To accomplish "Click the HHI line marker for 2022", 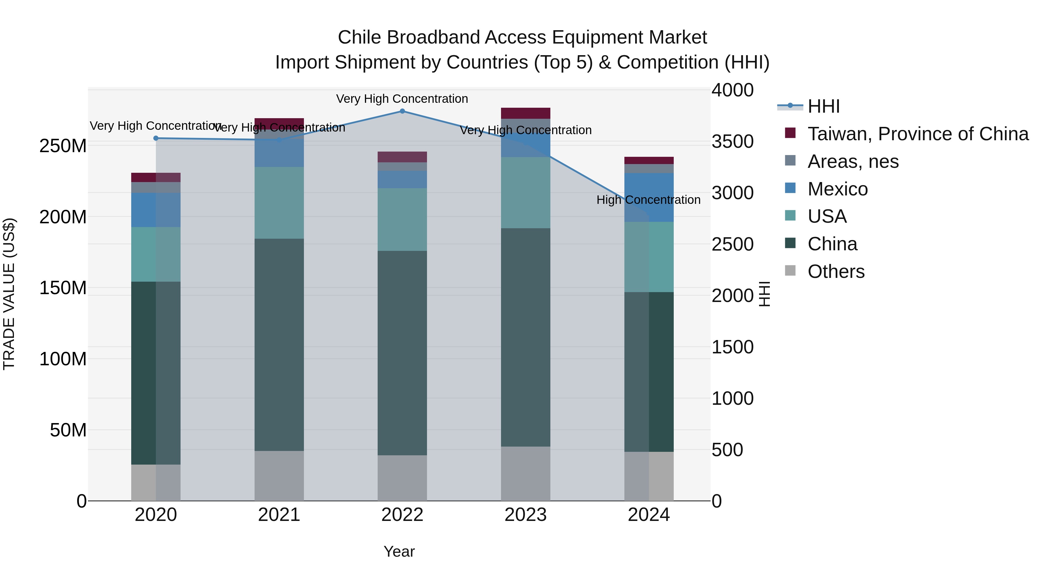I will pos(402,111).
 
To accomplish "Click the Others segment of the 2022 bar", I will pos(402,478).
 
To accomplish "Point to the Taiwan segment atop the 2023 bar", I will pos(525,113).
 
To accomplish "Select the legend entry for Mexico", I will pos(837,189).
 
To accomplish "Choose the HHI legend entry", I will pos(823,106).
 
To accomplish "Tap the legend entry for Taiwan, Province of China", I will pos(918,134).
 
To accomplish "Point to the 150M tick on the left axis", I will pos(63,288).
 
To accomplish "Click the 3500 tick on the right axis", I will pos(732,142).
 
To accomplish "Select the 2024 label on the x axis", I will pos(649,515).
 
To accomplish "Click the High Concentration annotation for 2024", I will pos(648,200).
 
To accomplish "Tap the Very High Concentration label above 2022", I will pos(402,99).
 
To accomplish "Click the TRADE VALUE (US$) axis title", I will pos(9,294).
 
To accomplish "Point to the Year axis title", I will pos(399,551).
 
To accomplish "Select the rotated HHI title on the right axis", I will pos(764,294).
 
